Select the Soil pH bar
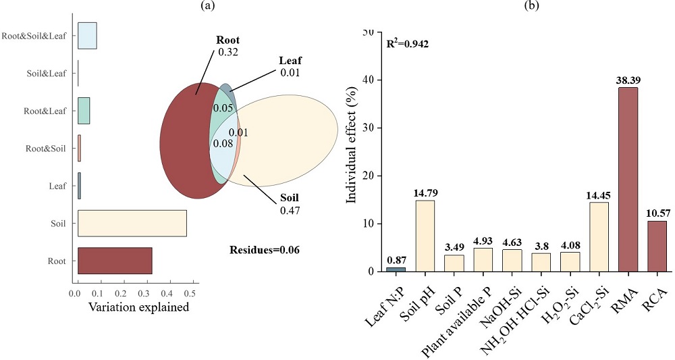click(x=425, y=236)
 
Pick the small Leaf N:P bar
click(x=396, y=269)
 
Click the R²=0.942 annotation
click(x=407, y=44)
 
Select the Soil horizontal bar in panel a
click(x=132, y=223)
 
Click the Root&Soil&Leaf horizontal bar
click(x=87, y=36)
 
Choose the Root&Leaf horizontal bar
click(x=84, y=110)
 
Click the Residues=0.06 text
click(x=265, y=249)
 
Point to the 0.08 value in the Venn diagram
click(x=223, y=143)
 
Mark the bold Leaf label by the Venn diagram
click(x=290, y=61)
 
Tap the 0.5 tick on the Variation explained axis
click(x=193, y=293)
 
